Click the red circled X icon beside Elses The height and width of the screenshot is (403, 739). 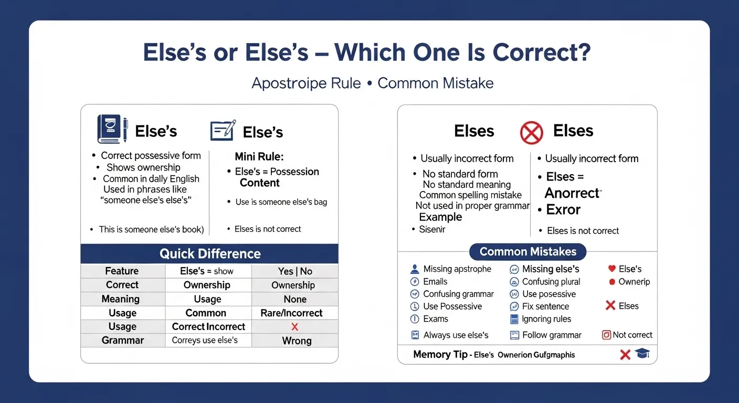531,133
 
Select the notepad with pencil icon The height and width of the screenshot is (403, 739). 223,130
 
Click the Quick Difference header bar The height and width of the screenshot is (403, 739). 209,253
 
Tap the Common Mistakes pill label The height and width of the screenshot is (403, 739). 527,252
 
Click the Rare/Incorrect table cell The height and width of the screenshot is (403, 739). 291,313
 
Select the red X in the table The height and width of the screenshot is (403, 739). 294,326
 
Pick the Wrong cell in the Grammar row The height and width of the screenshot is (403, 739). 297,341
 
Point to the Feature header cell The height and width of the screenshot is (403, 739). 122,271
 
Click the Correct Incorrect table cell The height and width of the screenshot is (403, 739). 208,326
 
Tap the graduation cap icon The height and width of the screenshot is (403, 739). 642,353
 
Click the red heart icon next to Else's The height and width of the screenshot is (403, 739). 611,269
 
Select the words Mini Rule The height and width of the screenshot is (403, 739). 259,156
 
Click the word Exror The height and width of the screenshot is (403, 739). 563,209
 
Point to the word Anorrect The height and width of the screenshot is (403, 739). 573,193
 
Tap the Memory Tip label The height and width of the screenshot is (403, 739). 440,354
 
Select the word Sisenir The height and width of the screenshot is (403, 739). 432,229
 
